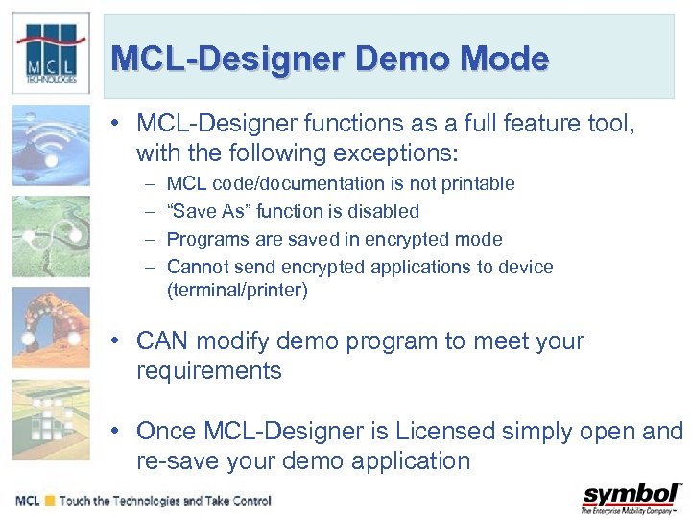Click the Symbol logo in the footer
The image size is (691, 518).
coord(631,499)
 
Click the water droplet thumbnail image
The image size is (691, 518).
coord(51,145)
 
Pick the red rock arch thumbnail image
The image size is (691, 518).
coord(51,326)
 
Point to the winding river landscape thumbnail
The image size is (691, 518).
coord(51,236)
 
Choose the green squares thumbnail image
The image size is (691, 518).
coord(51,416)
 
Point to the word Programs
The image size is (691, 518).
coord(204,239)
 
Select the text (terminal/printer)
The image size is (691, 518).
coord(237,291)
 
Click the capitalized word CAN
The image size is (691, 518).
coord(161,341)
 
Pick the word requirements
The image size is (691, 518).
coord(209,371)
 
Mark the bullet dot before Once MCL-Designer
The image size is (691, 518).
coord(114,431)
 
